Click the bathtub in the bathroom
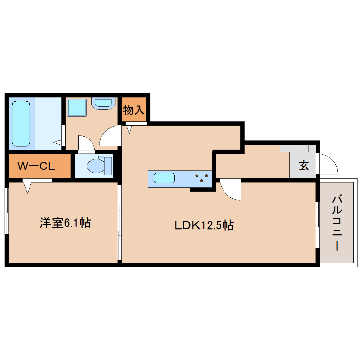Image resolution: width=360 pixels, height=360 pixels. pyautogui.click(x=21, y=124)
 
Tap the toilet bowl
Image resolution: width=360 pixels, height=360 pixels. pyautogui.click(x=96, y=166)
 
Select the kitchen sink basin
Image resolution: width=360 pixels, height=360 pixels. pyautogui.click(x=164, y=178)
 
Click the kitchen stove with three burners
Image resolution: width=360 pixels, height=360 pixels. pyautogui.click(x=202, y=179)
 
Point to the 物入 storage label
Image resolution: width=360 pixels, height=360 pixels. pyautogui.click(x=134, y=110)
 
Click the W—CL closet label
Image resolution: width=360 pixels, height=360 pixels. pyautogui.click(x=36, y=166)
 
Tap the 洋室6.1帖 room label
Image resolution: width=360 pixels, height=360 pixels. pyautogui.click(x=65, y=223)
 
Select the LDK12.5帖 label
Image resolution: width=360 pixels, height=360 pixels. pyautogui.click(x=204, y=225)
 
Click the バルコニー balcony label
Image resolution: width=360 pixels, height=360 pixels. pyautogui.click(x=337, y=223)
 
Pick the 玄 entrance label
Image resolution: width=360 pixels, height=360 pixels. pyautogui.click(x=304, y=165)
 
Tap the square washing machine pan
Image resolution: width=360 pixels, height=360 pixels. pyautogui.click(x=77, y=108)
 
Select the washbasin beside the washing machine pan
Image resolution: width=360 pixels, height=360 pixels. pyautogui.click(x=103, y=103)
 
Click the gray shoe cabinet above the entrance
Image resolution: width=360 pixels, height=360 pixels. pyautogui.click(x=294, y=148)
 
